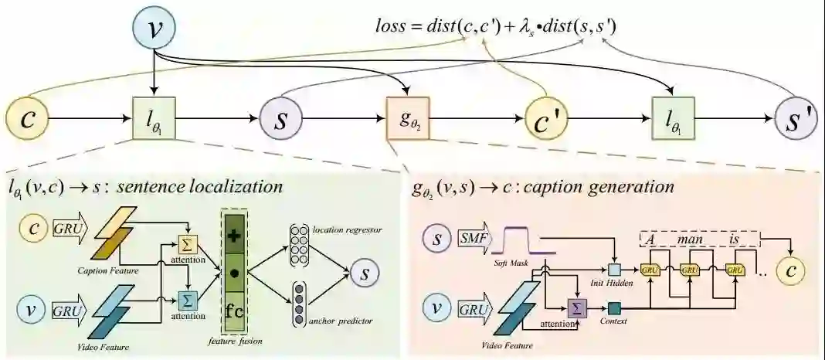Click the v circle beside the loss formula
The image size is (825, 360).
[155, 28]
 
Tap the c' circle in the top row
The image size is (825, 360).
[548, 120]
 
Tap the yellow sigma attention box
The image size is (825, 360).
[188, 244]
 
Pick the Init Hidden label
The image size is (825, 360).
[614, 284]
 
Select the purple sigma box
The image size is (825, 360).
[577, 308]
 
